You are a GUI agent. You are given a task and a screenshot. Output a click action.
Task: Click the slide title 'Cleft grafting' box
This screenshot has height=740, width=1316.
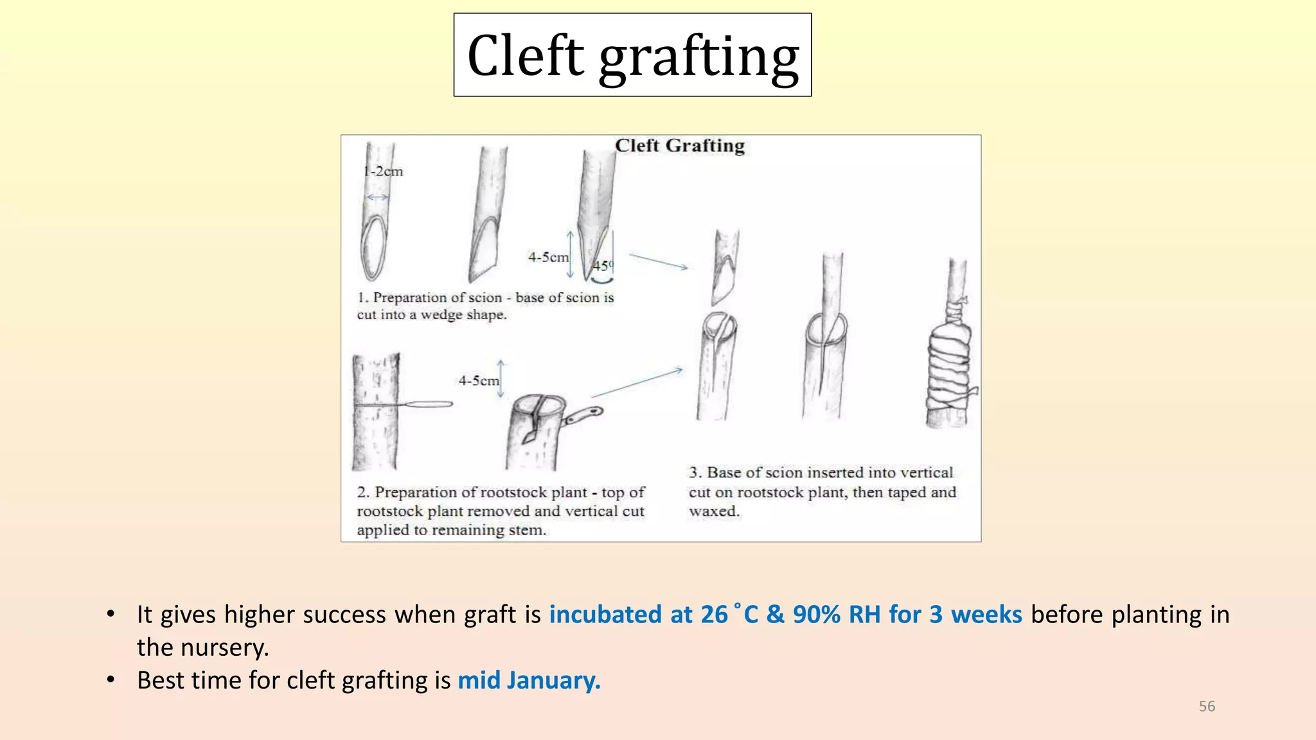coord(632,55)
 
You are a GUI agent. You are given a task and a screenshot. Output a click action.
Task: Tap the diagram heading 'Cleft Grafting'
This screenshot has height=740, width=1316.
coord(680,146)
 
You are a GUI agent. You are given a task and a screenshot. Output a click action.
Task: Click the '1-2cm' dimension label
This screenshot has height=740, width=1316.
coord(383,172)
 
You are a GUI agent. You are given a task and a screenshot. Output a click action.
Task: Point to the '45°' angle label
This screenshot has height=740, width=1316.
coord(603,265)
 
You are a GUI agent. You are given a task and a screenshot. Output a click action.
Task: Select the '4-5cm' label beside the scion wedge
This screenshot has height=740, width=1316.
coord(548,257)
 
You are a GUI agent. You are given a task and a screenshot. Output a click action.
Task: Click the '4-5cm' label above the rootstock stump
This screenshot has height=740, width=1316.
coord(479,381)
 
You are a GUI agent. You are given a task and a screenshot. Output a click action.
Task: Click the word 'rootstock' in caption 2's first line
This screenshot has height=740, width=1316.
coord(533,493)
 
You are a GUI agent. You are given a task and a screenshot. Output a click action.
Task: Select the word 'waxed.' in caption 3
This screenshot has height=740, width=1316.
coord(715,511)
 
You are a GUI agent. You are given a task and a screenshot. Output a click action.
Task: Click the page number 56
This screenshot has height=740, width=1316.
coord(1207,707)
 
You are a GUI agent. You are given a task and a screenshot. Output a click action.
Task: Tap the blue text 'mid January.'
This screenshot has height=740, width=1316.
coord(529,680)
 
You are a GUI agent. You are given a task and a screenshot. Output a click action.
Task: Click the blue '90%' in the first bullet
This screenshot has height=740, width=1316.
coord(817,615)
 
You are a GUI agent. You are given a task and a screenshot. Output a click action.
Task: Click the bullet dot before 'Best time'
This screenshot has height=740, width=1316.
coord(111,680)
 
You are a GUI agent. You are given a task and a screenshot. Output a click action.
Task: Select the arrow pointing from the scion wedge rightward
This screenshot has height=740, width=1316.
coord(659,261)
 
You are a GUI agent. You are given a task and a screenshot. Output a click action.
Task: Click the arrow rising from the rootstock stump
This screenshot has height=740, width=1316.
coord(637,383)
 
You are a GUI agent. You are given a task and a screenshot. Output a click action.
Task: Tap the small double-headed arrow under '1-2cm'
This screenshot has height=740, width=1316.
coord(378,197)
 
